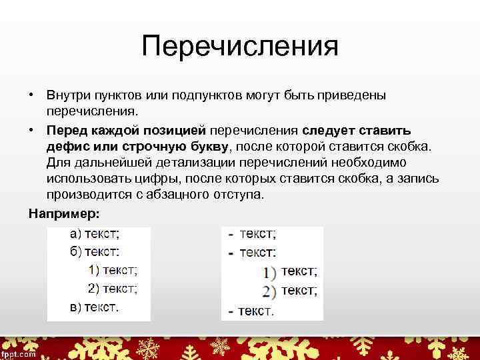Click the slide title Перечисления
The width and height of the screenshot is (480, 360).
[240, 47]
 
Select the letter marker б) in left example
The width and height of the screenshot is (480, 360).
[77, 252]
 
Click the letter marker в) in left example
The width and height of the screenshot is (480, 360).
[77, 307]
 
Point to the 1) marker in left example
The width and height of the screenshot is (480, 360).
[94, 270]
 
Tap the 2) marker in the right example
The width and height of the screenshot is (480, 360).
[269, 291]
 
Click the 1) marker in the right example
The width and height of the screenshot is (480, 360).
[269, 272]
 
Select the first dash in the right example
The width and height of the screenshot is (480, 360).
[231, 235]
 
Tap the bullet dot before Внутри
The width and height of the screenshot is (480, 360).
[31, 95]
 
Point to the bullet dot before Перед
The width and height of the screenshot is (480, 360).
[31, 129]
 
